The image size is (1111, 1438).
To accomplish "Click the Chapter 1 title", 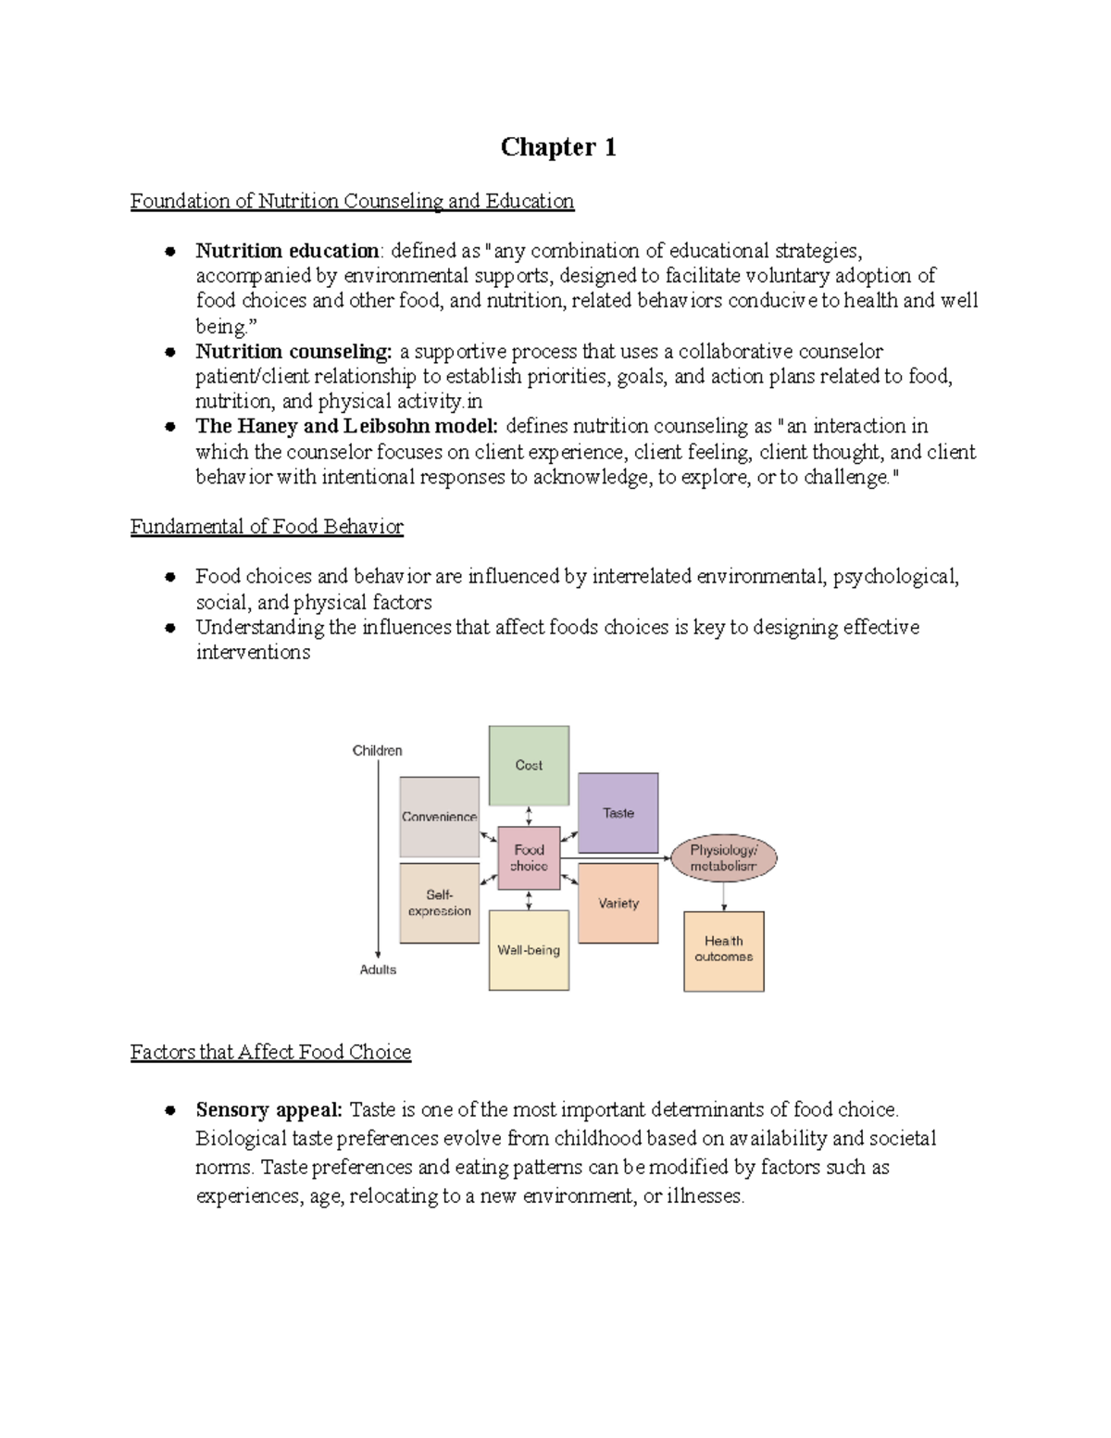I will pos(558,147).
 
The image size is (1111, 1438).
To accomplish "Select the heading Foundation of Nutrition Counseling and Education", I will pos(352,201).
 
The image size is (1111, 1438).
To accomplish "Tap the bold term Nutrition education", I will pos(287,251).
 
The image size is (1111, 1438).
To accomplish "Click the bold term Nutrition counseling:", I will pos(293,352).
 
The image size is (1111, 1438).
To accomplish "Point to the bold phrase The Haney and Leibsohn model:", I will pos(346,427).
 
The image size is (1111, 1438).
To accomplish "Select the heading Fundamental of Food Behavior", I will pos(267,527).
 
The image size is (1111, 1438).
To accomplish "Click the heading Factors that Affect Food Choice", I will pos(270,1052).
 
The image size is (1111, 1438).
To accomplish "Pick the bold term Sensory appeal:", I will pos(268,1109).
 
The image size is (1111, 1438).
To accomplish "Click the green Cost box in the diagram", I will pos(529,766).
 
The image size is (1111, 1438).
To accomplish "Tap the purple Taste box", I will pos(618,813).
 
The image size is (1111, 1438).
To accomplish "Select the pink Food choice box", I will pos(529,857).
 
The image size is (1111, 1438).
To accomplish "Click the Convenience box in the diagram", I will pos(439,817).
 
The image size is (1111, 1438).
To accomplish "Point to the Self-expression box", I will pos(439,903).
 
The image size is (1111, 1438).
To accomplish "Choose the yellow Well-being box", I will pos(529,950).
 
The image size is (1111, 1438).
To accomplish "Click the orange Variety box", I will pos(618,903).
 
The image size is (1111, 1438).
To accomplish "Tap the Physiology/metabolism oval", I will pos(723,858).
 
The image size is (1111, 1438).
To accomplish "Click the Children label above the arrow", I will pos(377,751).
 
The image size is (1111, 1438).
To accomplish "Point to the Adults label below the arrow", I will pos(378,969).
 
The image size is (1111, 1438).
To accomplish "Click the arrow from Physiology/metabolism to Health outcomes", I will pos(724,895).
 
